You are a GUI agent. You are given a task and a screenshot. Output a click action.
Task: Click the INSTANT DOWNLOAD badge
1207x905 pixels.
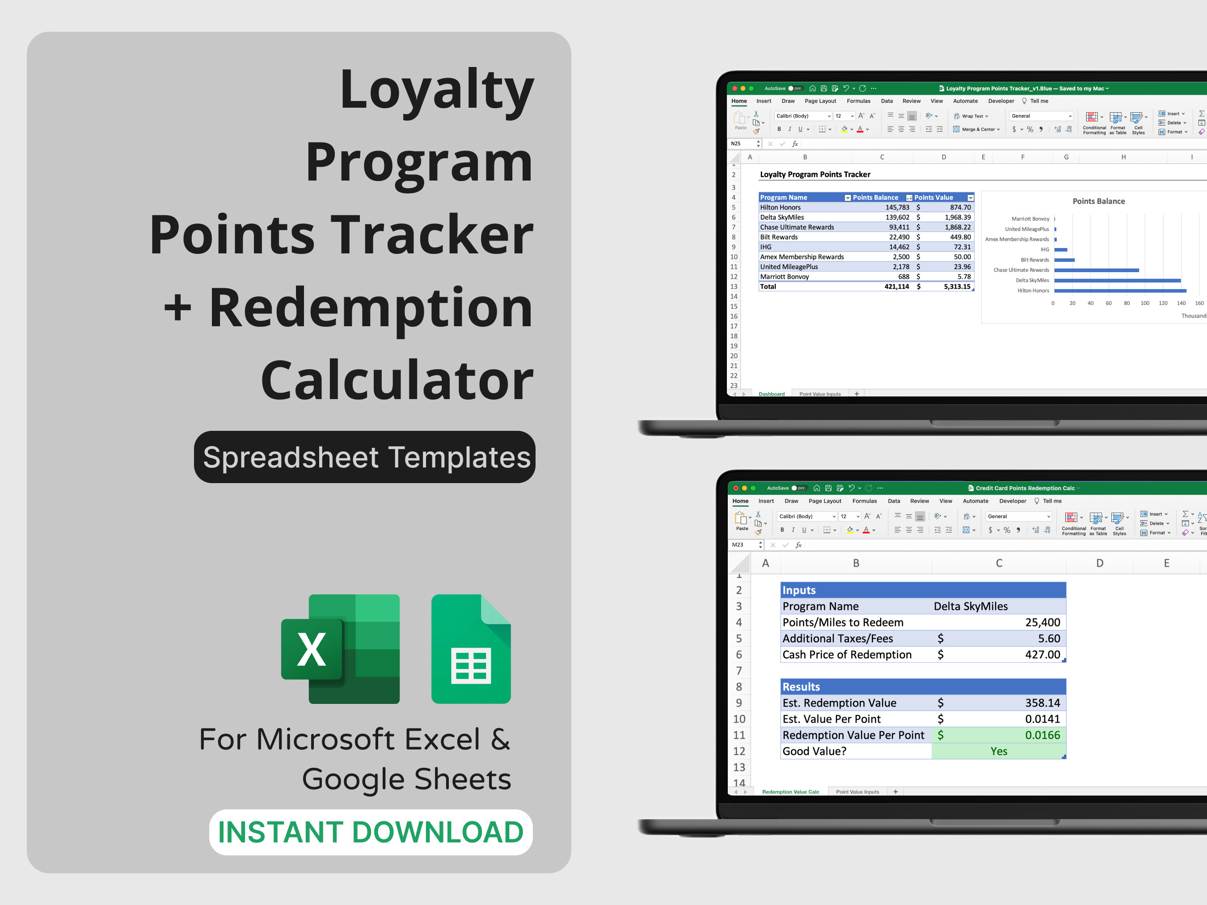coord(371,832)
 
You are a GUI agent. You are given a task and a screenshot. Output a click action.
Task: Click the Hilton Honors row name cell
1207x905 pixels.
coord(780,207)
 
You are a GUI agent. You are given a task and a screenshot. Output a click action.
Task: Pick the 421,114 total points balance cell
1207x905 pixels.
coord(896,286)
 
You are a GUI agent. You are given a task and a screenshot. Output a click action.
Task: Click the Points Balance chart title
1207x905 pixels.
coord(1098,201)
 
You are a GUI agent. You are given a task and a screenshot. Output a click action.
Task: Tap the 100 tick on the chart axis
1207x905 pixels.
coord(1144,303)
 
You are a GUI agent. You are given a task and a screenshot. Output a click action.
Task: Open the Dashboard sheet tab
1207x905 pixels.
coord(771,394)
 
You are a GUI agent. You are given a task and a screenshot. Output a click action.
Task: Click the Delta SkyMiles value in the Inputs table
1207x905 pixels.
coord(970,606)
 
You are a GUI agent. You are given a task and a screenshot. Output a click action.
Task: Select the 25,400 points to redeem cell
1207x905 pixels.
coord(1042,623)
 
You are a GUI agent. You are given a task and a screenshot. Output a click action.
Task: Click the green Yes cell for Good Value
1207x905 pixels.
coord(998,751)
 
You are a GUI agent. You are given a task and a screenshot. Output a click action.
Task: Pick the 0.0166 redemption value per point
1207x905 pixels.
coord(1042,735)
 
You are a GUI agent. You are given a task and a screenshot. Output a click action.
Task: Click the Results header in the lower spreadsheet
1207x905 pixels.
coord(801,687)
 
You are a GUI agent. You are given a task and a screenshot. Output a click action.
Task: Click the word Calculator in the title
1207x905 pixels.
coord(397,380)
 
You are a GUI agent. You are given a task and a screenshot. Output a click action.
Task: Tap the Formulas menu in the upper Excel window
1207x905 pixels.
coord(858,101)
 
